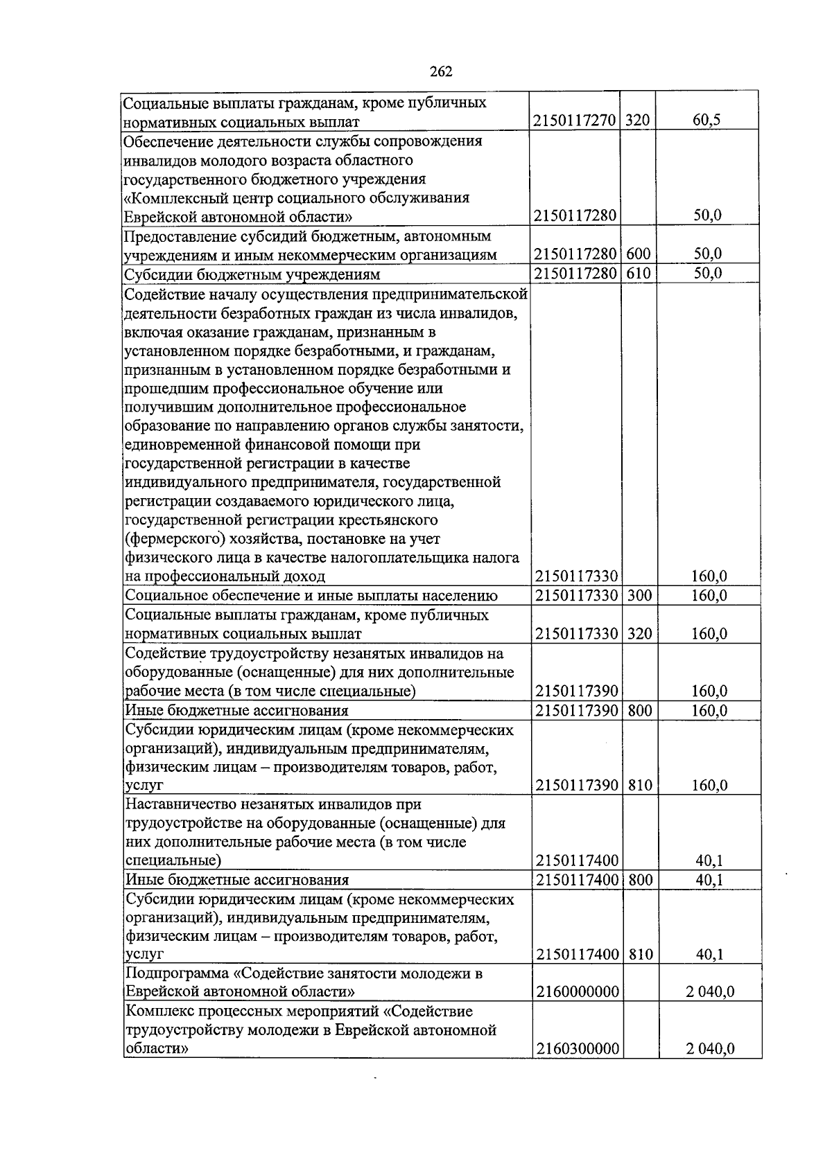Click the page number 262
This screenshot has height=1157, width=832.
pyautogui.click(x=441, y=71)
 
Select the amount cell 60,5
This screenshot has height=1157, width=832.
pyautogui.click(x=707, y=121)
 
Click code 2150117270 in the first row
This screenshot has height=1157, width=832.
pyautogui.click(x=575, y=121)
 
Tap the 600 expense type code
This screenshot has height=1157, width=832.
pyautogui.click(x=638, y=254)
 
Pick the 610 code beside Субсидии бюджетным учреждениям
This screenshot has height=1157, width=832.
pyautogui.click(x=638, y=273)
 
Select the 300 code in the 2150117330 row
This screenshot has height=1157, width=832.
pyautogui.click(x=638, y=595)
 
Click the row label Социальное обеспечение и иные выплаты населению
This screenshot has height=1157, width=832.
pyautogui.click(x=311, y=595)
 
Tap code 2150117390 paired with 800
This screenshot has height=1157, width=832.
pyautogui.click(x=577, y=710)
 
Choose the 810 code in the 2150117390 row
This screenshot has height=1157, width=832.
pyautogui.click(x=638, y=785)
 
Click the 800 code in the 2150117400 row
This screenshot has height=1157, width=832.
pyautogui.click(x=638, y=880)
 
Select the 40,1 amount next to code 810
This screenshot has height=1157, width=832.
pyautogui.click(x=709, y=955)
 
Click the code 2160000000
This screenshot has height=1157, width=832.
pyautogui.click(x=577, y=992)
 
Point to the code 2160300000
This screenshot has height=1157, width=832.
pyautogui.click(x=577, y=1049)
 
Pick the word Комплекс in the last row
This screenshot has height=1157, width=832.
pyautogui.click(x=156, y=1012)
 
